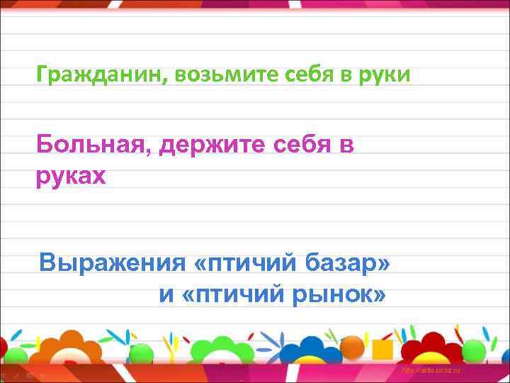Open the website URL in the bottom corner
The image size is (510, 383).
[431, 371]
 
